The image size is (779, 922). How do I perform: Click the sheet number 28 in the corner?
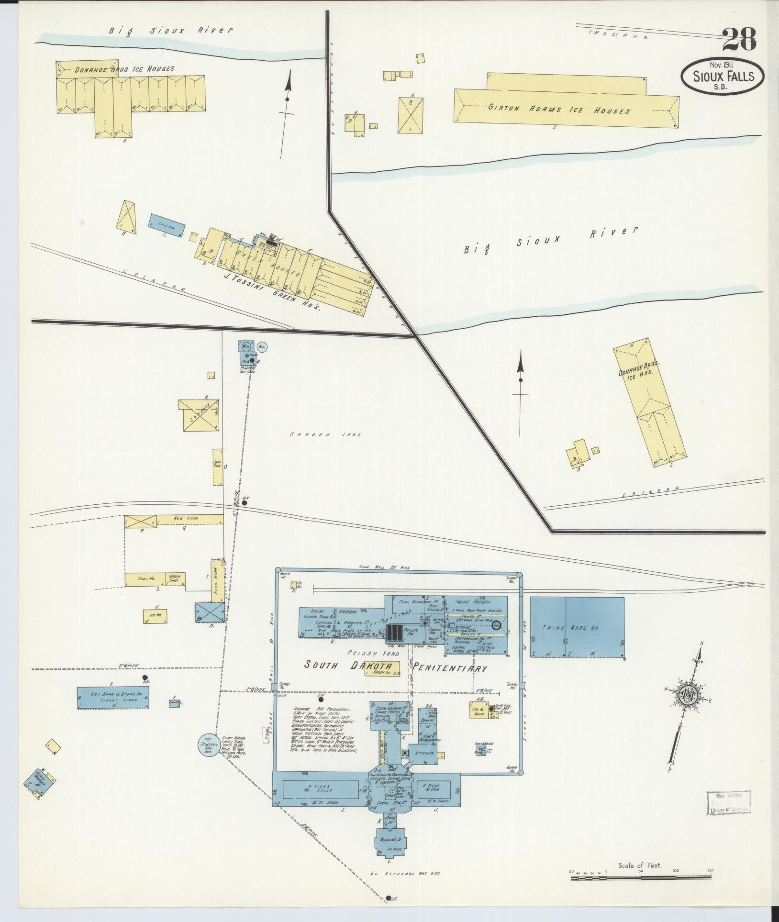pyautogui.click(x=739, y=40)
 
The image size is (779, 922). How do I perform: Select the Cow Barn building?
pyautogui.click(x=199, y=415)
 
